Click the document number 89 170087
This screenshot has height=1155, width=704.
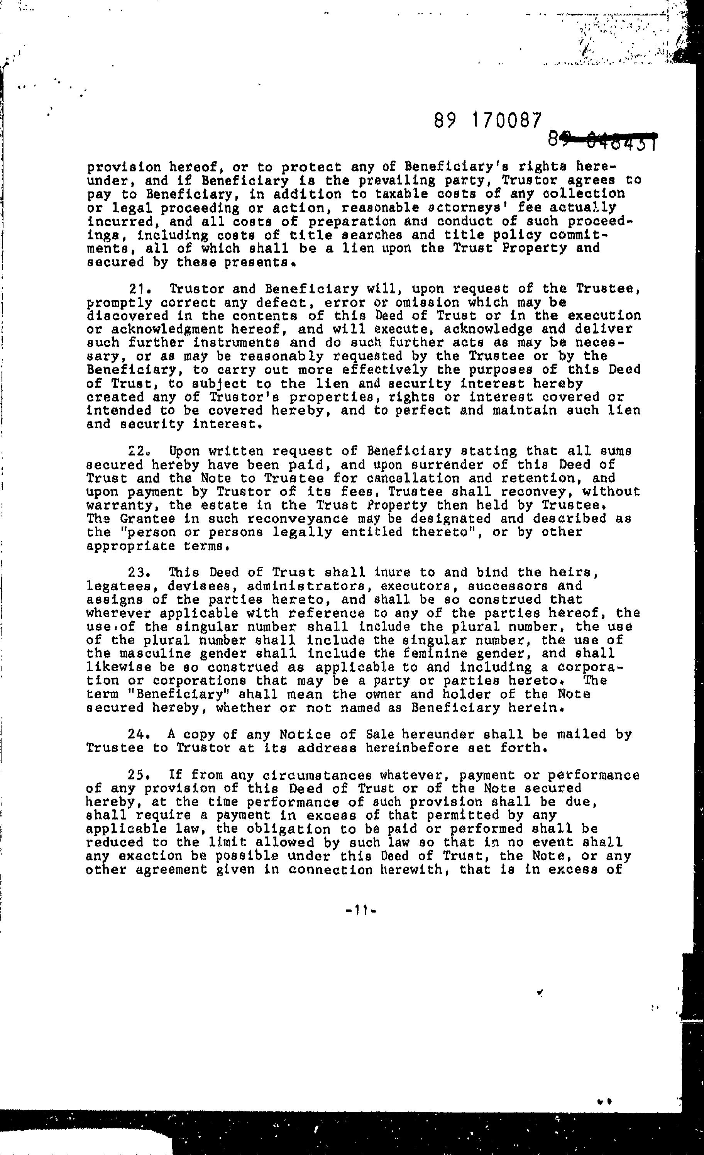click(x=488, y=121)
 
